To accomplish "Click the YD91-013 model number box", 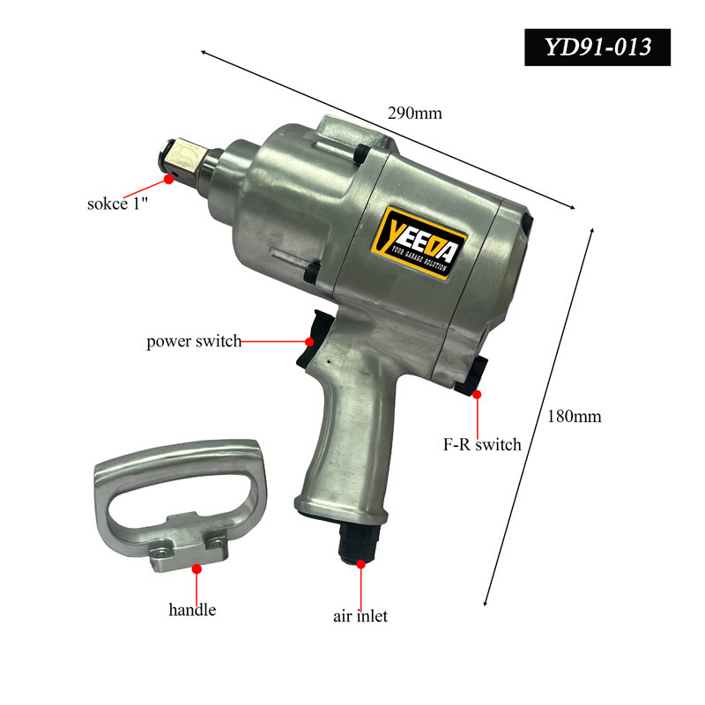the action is tap(597, 48).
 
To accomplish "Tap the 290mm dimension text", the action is tap(414, 113).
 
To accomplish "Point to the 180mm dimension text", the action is tap(575, 416).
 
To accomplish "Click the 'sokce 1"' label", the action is tap(117, 204).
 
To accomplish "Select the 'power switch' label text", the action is tap(194, 341).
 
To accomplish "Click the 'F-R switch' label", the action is tap(482, 445).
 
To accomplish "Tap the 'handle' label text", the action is tap(192, 610).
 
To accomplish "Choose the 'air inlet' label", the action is tap(360, 616).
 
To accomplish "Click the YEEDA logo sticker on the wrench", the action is tap(420, 243).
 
